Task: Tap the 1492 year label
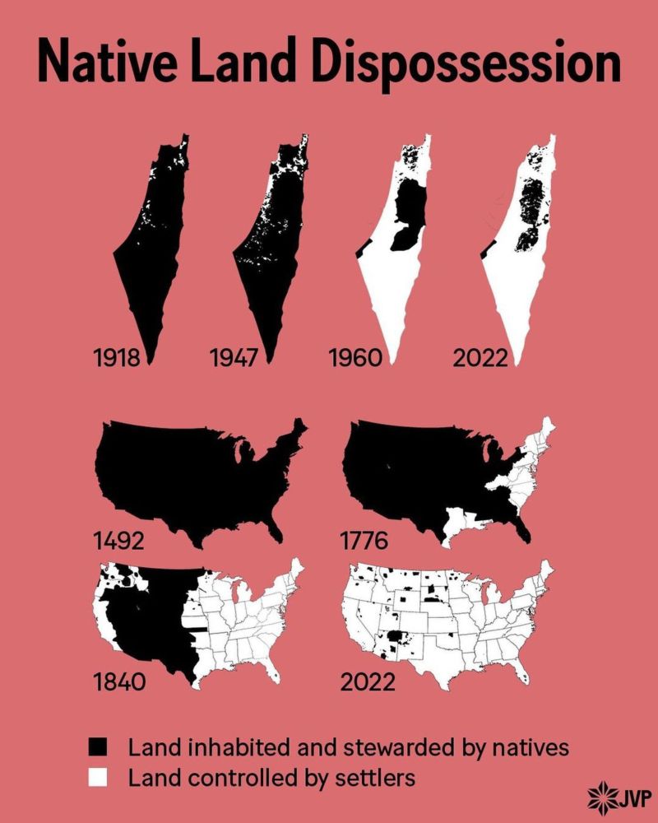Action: click(119, 542)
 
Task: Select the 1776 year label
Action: click(366, 542)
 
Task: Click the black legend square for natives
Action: click(99, 747)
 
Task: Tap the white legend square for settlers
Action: click(99, 776)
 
